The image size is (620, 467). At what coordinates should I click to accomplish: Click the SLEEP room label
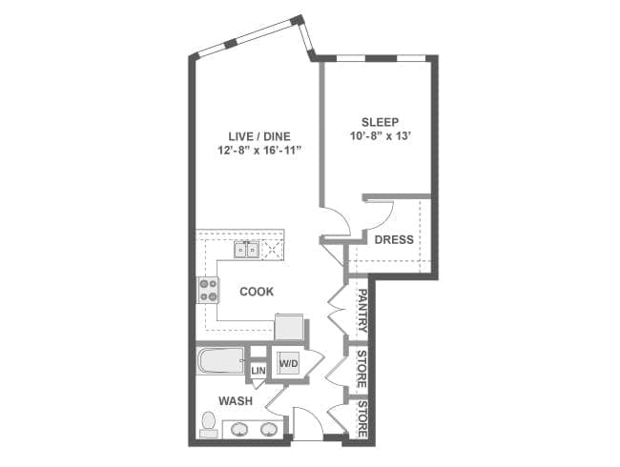tap(380, 122)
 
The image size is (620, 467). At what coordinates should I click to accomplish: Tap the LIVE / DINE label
tap(259, 136)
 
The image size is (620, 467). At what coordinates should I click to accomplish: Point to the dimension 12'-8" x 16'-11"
tap(259, 151)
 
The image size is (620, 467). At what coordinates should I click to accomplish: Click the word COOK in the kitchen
tap(257, 292)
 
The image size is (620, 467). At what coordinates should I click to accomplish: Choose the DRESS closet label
tap(394, 239)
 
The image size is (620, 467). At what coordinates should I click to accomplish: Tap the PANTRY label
tap(362, 311)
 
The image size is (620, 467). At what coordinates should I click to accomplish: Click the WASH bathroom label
tap(236, 401)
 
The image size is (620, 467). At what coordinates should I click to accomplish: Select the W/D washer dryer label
tap(289, 363)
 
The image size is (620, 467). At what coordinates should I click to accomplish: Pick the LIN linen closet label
tap(258, 371)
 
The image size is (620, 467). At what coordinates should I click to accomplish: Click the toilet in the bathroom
tap(208, 425)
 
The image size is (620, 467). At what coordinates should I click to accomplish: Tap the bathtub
tap(220, 360)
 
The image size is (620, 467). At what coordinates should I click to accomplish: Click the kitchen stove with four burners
tap(208, 290)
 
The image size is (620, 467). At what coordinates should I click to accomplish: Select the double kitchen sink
tap(246, 250)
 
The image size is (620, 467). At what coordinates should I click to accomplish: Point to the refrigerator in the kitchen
tap(289, 326)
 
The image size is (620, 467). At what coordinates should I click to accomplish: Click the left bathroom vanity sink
tap(238, 429)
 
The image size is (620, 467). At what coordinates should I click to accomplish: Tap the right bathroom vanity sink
tap(269, 429)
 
